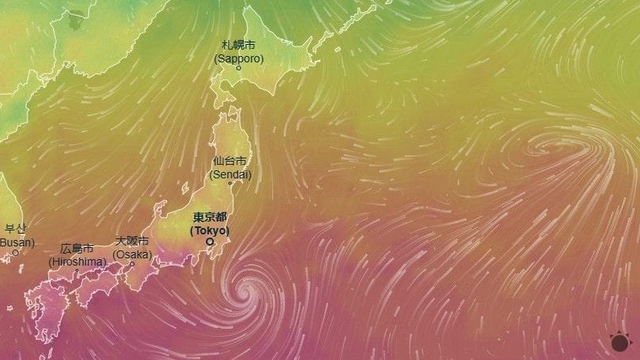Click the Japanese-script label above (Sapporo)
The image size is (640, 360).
[238, 46]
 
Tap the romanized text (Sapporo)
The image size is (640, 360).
[238, 59]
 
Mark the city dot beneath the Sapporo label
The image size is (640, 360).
[238, 68]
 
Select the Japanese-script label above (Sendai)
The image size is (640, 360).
[231, 161]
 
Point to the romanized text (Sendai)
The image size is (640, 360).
[231, 174]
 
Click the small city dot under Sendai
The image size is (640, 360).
[230, 183]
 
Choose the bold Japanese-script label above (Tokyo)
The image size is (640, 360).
[210, 217]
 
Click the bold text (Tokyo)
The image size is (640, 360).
[210, 230]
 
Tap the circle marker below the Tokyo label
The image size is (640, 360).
[210, 241]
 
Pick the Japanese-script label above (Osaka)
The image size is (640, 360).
[132, 241]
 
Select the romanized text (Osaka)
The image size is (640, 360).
[132, 254]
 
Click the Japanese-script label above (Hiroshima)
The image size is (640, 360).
[76, 248]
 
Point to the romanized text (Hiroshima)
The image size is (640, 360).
[76, 261]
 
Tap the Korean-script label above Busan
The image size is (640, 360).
[14, 229]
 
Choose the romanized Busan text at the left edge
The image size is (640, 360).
[15, 242]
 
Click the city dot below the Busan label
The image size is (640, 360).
[14, 253]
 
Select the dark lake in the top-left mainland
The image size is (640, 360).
[77, 16]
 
